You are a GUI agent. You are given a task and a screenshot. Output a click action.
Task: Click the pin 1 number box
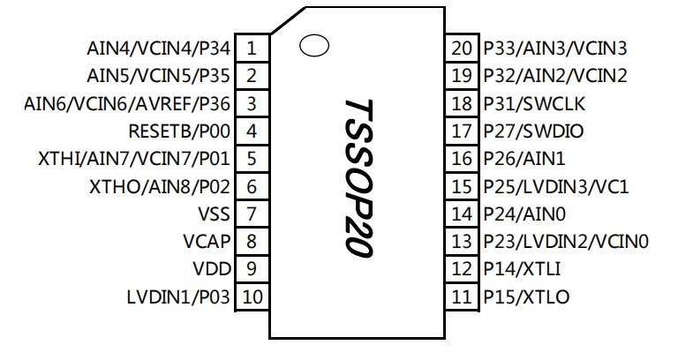[252, 49]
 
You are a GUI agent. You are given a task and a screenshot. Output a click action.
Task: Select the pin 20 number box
[462, 49]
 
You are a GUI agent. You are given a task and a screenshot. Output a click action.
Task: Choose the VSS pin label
[215, 214]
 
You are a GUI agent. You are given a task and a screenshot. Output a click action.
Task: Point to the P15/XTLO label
[526, 296]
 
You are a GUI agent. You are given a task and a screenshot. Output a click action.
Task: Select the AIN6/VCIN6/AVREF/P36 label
[127, 104]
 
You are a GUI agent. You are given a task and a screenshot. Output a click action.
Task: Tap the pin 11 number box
[462, 296]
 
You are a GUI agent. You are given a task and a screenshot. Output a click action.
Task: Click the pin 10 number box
[252, 296]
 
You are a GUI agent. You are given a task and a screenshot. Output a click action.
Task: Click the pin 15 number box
[462, 187]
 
